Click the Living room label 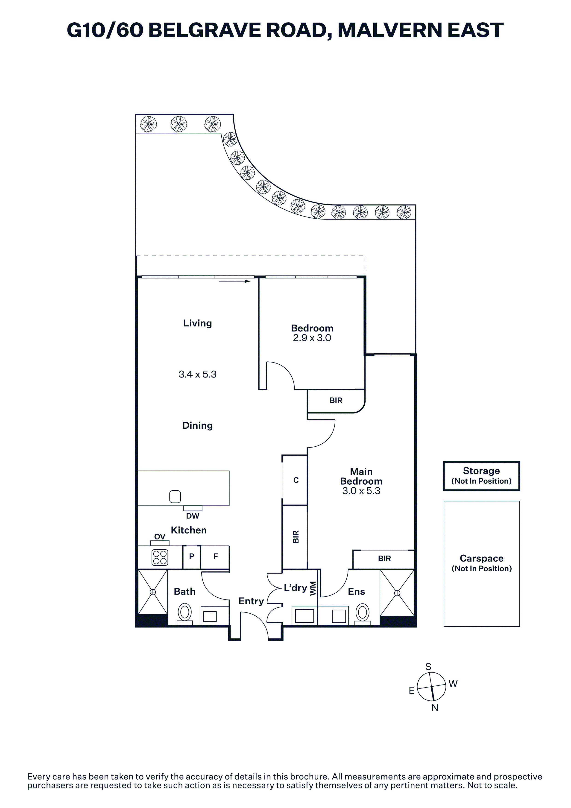pos(197,323)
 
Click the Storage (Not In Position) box pos(481,476)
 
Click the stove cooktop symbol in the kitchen pos(160,557)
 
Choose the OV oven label pos(160,537)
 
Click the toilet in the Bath pos(185,612)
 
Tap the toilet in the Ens pos(362,612)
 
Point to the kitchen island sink pos(175,497)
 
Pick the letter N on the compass pos(435,708)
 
